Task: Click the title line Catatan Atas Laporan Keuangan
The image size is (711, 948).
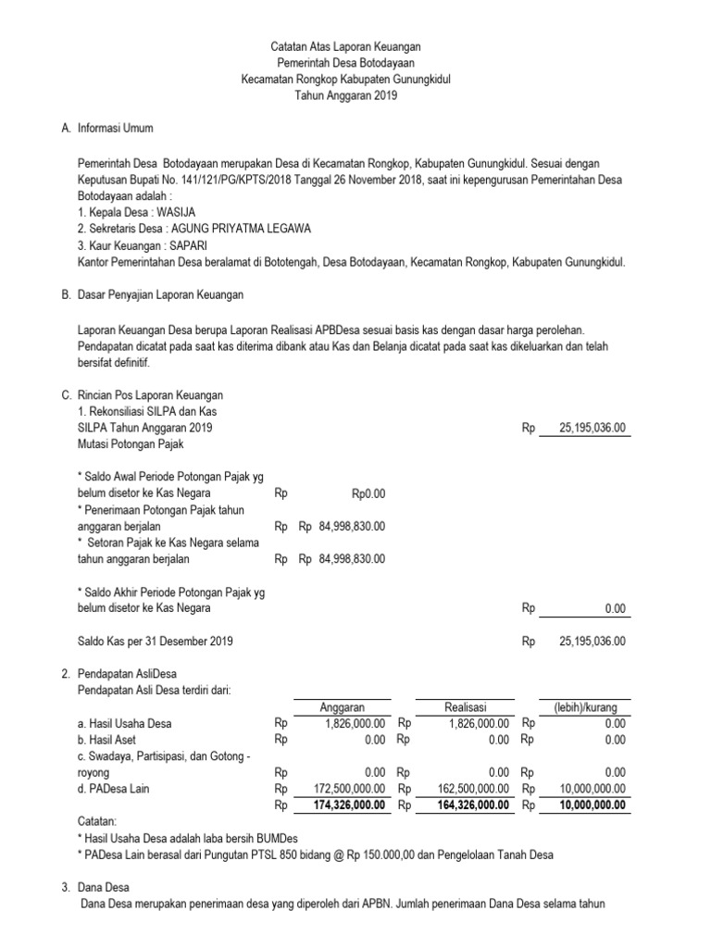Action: click(x=337, y=46)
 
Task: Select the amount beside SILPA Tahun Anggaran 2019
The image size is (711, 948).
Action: click(x=593, y=428)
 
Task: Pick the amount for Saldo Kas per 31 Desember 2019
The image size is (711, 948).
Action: click(x=593, y=641)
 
